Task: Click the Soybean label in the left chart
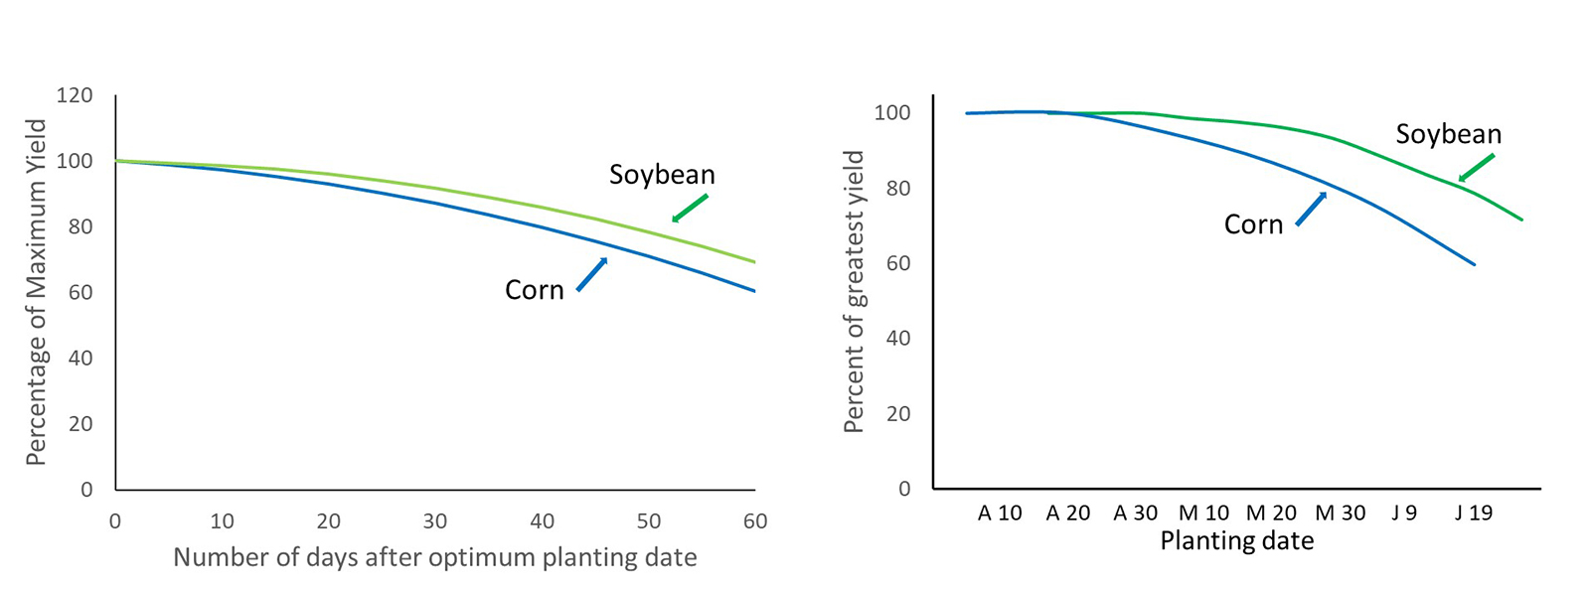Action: click(x=662, y=175)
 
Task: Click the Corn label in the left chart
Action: click(x=535, y=290)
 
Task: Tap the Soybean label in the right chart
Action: click(x=1448, y=134)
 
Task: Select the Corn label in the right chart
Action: click(x=1253, y=224)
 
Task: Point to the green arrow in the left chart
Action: click(x=690, y=208)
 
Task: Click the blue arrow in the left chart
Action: click(x=592, y=273)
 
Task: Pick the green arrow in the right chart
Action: click(x=1476, y=168)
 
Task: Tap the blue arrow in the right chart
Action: click(x=1312, y=209)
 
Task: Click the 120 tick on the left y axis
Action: click(x=75, y=95)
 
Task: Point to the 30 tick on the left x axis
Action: click(x=434, y=521)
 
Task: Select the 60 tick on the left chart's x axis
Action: click(x=755, y=521)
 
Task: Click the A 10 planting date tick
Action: click(x=1000, y=514)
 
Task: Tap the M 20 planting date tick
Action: click(x=1271, y=514)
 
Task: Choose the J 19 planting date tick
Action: click(x=1473, y=514)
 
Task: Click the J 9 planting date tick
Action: click(x=1404, y=514)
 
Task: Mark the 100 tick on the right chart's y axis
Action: click(x=891, y=113)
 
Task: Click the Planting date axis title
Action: click(x=1236, y=541)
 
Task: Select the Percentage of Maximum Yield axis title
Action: click(x=37, y=292)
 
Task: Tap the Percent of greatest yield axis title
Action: click(x=854, y=292)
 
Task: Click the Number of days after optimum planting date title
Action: click(x=434, y=557)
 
